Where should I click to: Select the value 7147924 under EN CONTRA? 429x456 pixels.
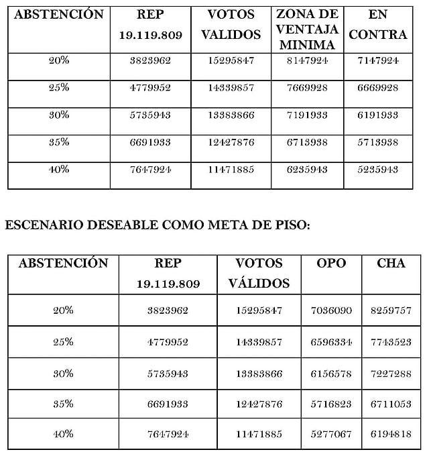[x=378, y=60]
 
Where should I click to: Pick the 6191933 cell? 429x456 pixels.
[x=378, y=115]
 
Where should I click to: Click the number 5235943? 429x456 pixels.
[x=378, y=170]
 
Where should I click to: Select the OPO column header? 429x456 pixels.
[x=331, y=263]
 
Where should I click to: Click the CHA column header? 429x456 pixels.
[x=391, y=263]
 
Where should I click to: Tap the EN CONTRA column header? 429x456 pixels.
[x=378, y=24]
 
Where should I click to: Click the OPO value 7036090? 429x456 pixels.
[x=331, y=310]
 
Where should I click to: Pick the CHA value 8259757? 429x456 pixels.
[x=391, y=310]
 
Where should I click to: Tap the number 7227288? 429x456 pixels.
[x=391, y=372]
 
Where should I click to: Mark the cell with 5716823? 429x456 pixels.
[x=331, y=404]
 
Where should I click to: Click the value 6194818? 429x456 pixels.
[x=391, y=435]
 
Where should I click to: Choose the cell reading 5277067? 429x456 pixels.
[x=331, y=435]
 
